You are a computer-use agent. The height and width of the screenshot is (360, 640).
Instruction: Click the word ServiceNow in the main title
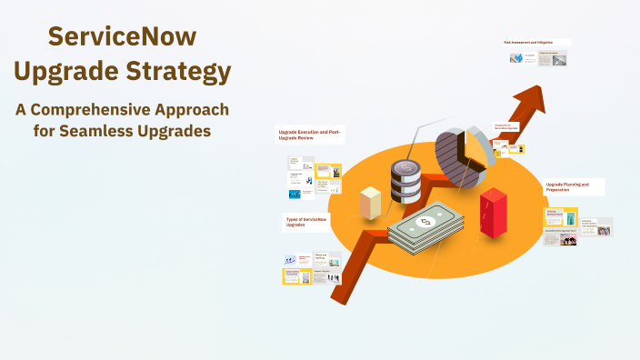coord(122,37)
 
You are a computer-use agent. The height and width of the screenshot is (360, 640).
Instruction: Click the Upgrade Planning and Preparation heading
coord(568,186)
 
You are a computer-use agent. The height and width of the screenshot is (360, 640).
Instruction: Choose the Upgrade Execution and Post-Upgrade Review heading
coord(309,135)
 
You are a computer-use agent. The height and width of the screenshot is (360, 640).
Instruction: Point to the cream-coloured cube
coord(370,203)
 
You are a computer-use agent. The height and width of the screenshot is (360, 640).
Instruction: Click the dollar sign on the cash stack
coord(425,223)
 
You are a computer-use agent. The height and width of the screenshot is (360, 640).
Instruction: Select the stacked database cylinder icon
coord(405,181)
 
